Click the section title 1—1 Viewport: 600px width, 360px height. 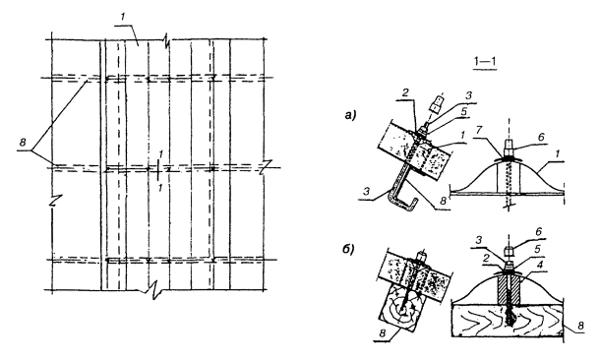[x=485, y=63]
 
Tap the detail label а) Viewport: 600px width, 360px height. [x=350, y=114]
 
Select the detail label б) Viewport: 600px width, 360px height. [x=348, y=250]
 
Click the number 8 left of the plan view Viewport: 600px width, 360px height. [x=23, y=143]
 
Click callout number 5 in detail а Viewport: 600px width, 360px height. [x=463, y=111]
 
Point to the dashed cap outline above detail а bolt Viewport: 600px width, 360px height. [x=436, y=103]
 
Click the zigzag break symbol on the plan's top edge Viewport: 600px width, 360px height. [x=167, y=39]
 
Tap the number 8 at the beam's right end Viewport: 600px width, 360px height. [x=581, y=326]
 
